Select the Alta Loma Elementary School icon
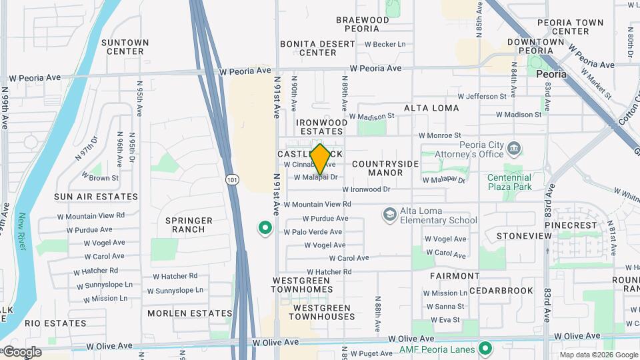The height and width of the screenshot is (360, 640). click(389, 215)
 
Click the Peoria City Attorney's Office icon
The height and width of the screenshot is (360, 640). click(514, 148)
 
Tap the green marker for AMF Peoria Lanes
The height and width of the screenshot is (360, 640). click(485, 349)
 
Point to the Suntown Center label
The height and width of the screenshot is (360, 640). click(125, 47)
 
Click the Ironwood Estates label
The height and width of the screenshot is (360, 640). click(322, 127)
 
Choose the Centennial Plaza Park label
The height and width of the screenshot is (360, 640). click(519, 182)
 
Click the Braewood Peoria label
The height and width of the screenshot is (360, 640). click(363, 25)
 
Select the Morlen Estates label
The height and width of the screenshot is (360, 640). click(180, 313)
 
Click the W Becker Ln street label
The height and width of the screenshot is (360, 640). click(385, 45)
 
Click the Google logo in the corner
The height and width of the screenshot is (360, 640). click(22, 352)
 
